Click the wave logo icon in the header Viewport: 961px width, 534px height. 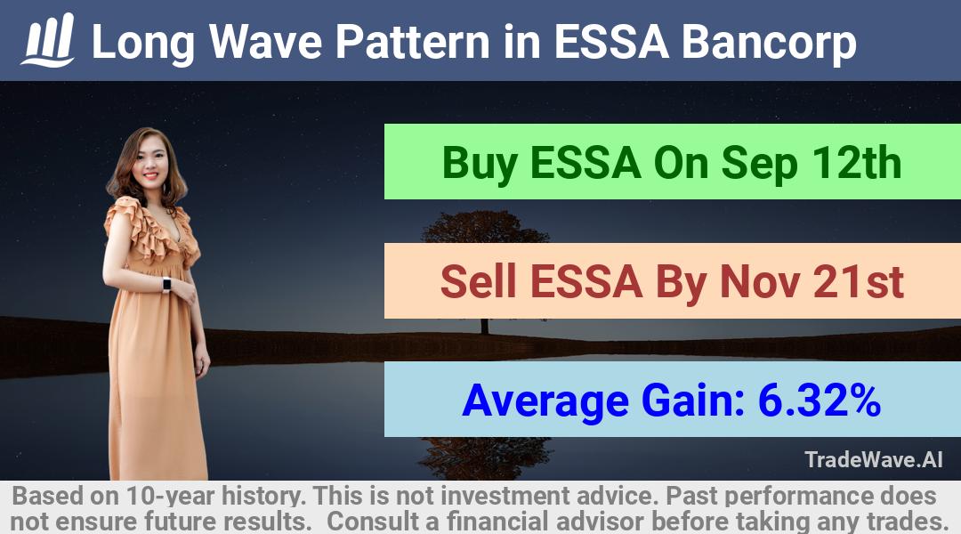pyautogui.click(x=48, y=40)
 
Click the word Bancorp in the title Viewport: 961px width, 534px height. pyautogui.click(x=769, y=43)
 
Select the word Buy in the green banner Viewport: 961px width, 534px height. pyautogui.click(x=480, y=164)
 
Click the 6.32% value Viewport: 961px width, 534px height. pyautogui.click(x=820, y=400)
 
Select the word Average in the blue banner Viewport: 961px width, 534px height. pyautogui.click(x=545, y=401)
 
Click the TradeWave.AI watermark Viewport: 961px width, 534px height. pyautogui.click(x=874, y=459)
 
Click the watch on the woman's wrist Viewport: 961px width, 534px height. pyautogui.click(x=166, y=285)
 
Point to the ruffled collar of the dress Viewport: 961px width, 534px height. pyautogui.click(x=152, y=230)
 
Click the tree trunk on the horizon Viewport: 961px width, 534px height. pyautogui.click(x=485, y=326)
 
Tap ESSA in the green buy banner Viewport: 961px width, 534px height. pyautogui.click(x=585, y=163)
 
